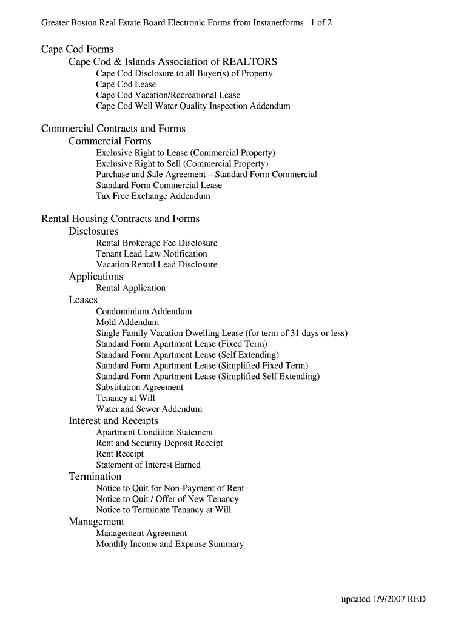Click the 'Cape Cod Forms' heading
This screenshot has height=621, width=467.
tap(77, 49)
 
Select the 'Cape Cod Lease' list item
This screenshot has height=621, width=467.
tap(126, 84)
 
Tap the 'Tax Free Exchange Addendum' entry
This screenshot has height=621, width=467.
tap(153, 196)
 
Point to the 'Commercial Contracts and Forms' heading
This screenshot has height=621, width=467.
tap(113, 129)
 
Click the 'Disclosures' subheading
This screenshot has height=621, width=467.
tap(93, 231)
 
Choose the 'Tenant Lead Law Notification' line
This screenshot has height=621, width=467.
tap(152, 253)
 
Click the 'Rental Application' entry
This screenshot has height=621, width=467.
tap(130, 288)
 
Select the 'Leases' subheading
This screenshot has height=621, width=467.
tap(83, 300)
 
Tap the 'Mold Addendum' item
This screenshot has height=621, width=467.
tap(127, 322)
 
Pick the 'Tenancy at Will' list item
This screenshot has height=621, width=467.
tap(126, 398)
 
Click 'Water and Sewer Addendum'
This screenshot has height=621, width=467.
tap(149, 409)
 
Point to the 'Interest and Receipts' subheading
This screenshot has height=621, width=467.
tap(113, 420)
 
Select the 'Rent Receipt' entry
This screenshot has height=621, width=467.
tap(119, 454)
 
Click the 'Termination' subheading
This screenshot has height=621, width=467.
tap(95, 476)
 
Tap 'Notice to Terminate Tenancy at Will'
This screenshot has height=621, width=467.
tap(163, 510)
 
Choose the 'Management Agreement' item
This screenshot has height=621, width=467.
tap(141, 533)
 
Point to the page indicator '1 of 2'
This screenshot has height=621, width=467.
tap(321, 23)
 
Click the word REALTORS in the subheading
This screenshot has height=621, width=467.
tap(250, 62)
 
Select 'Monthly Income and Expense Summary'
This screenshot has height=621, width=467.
tap(170, 544)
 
